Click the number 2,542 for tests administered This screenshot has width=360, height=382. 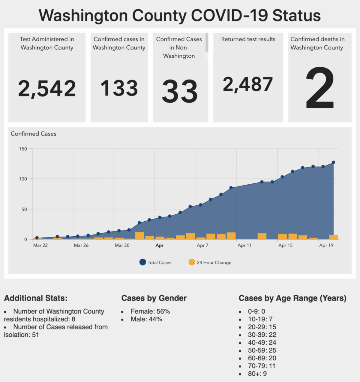tap(47, 89)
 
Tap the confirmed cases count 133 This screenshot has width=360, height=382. tap(119, 88)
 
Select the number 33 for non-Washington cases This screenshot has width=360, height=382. tap(180, 91)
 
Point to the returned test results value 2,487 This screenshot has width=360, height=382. tap(248, 84)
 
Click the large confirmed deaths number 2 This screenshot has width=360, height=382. tap(320, 88)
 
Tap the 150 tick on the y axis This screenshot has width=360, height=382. tap(23, 149)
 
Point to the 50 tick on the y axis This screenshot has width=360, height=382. tap(24, 209)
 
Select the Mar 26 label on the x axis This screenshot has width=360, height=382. tap(81, 245)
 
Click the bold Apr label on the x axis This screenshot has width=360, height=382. tap(159, 246)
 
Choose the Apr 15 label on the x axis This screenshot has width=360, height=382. tap(285, 245)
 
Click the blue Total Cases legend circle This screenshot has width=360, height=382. tap(142, 262)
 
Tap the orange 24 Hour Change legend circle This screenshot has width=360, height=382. tap(192, 262)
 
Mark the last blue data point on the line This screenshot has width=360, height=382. tap(333, 162)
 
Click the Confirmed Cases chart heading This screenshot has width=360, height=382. tap(34, 134)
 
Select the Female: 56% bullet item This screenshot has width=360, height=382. tap(150, 311)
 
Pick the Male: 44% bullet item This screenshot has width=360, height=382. tap(146, 319)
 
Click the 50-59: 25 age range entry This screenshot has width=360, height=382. tap(262, 350)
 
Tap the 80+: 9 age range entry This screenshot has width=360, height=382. tap(257, 374)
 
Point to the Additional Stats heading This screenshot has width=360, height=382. tap(36, 298)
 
